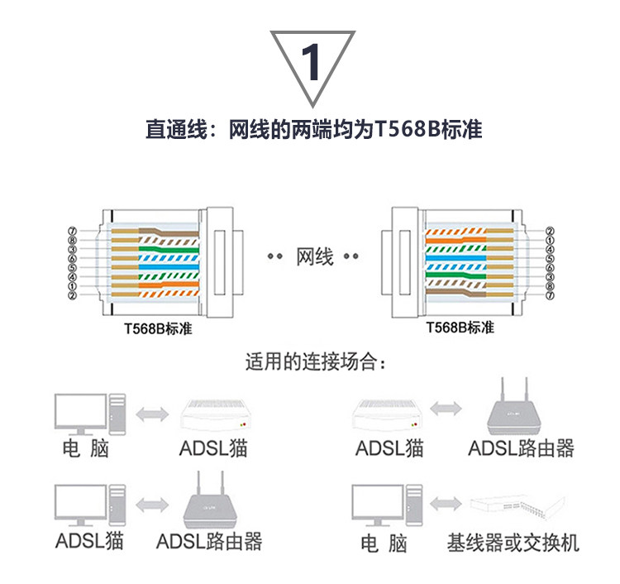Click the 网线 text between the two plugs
(x=314, y=256)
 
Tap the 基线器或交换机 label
(x=513, y=543)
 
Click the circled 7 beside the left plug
(x=73, y=231)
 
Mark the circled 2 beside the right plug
(x=549, y=231)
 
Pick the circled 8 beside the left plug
(x=73, y=240)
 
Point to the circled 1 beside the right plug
(x=549, y=240)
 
